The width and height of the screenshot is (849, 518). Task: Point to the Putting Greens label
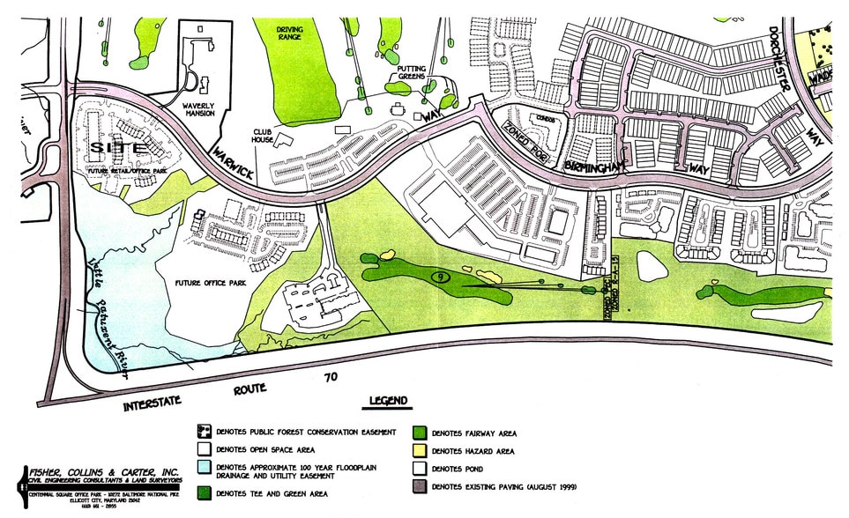click(x=412, y=72)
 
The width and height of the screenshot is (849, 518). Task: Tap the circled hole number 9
click(x=438, y=277)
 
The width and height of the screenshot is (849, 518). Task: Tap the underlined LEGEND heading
click(x=389, y=402)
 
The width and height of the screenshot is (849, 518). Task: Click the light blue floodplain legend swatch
click(x=205, y=468)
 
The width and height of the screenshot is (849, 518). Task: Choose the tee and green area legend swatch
click(x=205, y=493)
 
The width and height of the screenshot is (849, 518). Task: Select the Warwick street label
click(x=232, y=162)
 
